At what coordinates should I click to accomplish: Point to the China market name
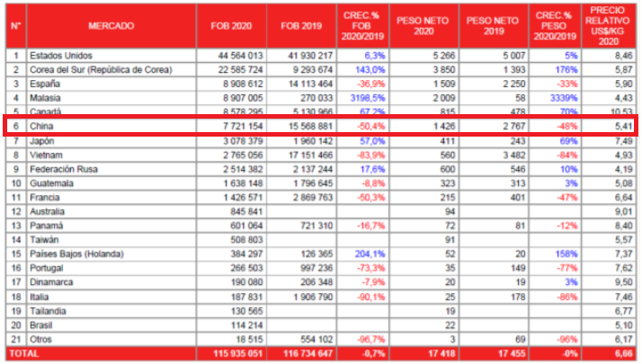click(41, 127)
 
